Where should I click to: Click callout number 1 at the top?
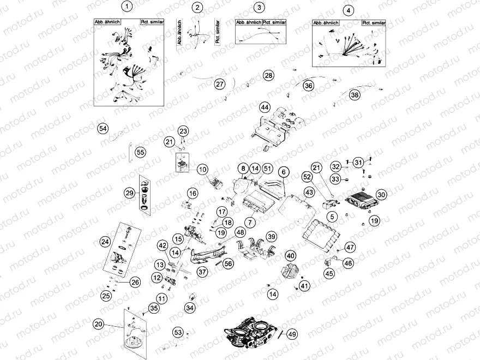click(x=127, y=7)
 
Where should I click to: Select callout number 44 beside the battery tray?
click(x=265, y=107)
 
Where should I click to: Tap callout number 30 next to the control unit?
click(x=381, y=194)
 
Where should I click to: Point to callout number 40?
click(x=290, y=255)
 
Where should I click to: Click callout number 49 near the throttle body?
click(x=292, y=334)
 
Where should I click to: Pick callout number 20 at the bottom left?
click(x=98, y=324)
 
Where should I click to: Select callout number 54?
click(x=103, y=128)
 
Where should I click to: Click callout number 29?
click(x=129, y=193)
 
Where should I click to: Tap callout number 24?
click(x=105, y=241)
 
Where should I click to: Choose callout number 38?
click(x=355, y=95)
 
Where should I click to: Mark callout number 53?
click(x=178, y=332)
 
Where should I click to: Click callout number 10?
click(x=202, y=169)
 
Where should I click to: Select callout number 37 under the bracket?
click(x=202, y=271)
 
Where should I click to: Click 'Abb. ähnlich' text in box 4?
click(x=326, y=23)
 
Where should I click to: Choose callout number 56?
click(x=228, y=263)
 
